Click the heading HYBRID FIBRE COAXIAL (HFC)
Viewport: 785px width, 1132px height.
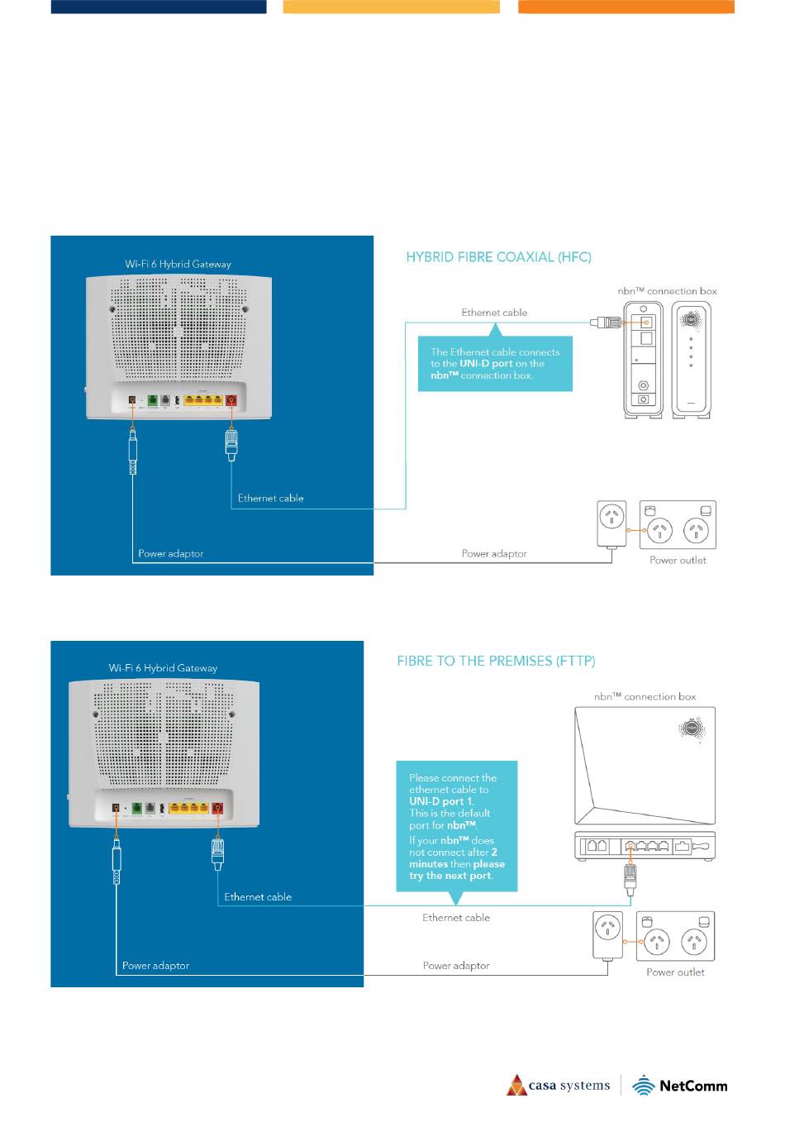[x=498, y=257]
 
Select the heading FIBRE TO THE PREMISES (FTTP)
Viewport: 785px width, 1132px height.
[x=496, y=662]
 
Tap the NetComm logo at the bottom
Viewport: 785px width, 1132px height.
[x=680, y=1086]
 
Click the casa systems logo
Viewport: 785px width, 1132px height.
[x=559, y=1086]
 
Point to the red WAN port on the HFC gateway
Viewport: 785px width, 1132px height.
[x=231, y=401]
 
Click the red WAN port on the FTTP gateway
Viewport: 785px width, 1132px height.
[x=218, y=808]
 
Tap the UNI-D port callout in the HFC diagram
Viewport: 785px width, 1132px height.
[x=495, y=364]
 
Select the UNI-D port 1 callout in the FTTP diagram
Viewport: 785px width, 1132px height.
[x=456, y=826]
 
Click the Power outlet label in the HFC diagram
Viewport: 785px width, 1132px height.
[x=678, y=561]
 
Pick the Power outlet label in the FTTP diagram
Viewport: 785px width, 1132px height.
[x=675, y=972]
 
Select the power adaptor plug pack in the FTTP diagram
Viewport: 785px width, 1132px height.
[x=608, y=934]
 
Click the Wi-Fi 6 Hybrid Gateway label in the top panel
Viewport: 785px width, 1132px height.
[x=178, y=265]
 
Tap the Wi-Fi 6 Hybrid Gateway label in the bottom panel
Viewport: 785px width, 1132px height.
[x=163, y=668]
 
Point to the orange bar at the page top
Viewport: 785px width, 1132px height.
[x=626, y=7]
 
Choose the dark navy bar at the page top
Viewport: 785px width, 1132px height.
[x=159, y=7]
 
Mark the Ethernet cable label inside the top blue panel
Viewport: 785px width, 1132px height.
[x=270, y=499]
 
